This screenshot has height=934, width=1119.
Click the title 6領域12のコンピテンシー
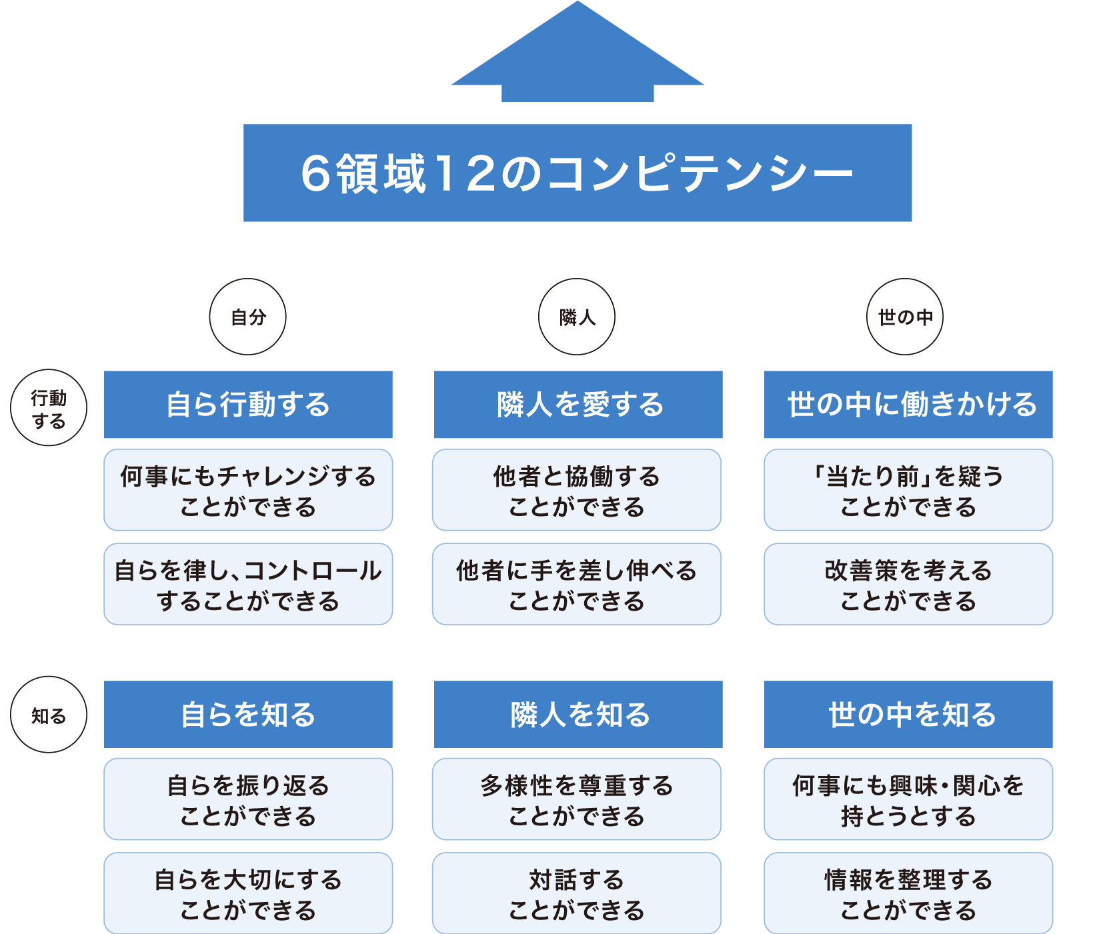(578, 173)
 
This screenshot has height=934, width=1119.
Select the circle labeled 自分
(248, 317)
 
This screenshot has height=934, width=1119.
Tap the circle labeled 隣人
(577, 317)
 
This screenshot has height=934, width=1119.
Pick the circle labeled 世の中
(905, 317)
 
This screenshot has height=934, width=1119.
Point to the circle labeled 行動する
(49, 407)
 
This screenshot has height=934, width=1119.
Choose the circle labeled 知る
(49, 715)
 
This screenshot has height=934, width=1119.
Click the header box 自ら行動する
(248, 405)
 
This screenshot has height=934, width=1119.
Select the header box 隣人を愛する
(578, 405)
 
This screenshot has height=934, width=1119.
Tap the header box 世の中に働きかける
(908, 405)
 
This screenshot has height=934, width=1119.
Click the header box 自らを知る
(248, 714)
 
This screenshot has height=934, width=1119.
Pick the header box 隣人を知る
(578, 714)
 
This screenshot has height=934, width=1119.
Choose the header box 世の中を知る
(908, 714)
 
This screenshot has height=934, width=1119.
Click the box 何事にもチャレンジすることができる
(248, 490)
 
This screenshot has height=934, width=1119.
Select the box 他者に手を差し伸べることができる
(577, 584)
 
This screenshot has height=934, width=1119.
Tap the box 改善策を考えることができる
(908, 584)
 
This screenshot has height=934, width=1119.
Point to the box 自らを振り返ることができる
(248, 799)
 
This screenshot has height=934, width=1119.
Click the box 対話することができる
(577, 893)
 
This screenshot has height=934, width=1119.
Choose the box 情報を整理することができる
(908, 893)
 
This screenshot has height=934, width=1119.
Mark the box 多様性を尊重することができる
(577, 799)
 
